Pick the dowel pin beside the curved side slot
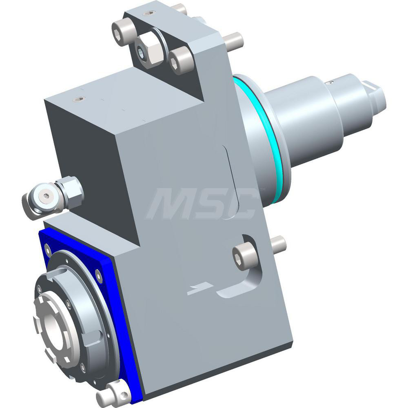point(278,244)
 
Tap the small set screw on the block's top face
point(78,99)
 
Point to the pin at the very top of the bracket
point(179,8)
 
